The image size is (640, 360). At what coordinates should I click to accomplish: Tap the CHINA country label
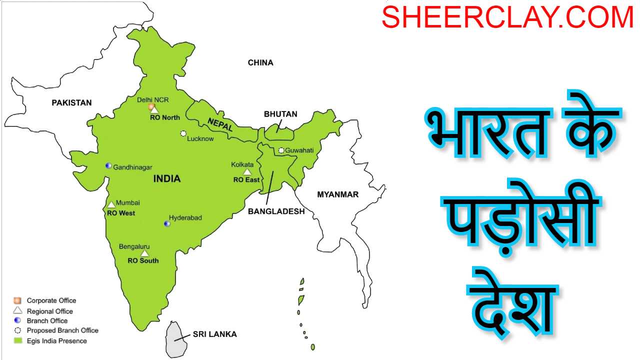260,63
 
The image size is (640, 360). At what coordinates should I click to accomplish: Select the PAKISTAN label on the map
71,103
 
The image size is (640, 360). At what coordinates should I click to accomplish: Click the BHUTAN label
280,114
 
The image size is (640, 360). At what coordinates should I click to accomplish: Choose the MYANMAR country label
338,194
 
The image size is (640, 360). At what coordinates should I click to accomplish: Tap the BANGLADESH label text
276,211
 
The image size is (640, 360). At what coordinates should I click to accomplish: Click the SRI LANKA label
215,334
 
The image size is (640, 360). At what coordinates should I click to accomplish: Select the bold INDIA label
167,179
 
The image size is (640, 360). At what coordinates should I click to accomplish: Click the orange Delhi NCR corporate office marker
151,106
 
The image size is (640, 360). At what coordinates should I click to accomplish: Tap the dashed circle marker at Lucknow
183,133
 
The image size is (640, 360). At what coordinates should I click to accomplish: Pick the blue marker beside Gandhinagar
108,165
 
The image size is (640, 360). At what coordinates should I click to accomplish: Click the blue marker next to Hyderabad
167,223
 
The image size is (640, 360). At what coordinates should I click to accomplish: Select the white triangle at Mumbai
111,204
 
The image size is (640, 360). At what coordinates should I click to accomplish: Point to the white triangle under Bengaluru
144,253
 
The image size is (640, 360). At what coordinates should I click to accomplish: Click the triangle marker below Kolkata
247,172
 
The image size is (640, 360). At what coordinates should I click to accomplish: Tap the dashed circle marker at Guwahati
281,150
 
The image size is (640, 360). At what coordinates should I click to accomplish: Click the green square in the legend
18,340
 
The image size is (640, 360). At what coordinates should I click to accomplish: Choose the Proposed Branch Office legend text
62,330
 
